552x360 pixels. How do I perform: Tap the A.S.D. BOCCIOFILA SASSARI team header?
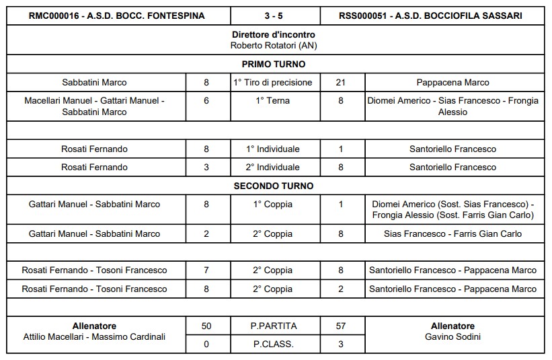point(431,15)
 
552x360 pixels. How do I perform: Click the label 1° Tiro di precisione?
point(273,83)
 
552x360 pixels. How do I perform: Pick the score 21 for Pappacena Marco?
point(340,83)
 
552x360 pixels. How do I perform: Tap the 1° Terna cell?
point(273,101)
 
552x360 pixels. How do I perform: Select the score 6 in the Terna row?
point(206,101)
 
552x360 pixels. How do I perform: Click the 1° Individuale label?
point(273,149)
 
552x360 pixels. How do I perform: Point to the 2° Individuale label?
point(273,167)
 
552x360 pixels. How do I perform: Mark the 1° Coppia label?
point(273,204)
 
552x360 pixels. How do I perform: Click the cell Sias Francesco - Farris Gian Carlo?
point(452,234)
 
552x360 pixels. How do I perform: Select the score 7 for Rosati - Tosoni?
point(206,271)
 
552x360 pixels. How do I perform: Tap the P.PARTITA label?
point(273,326)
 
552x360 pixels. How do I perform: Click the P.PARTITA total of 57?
point(340,326)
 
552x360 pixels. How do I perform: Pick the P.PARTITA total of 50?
point(206,326)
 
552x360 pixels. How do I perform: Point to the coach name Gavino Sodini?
point(452,336)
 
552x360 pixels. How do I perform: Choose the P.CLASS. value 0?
point(206,345)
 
